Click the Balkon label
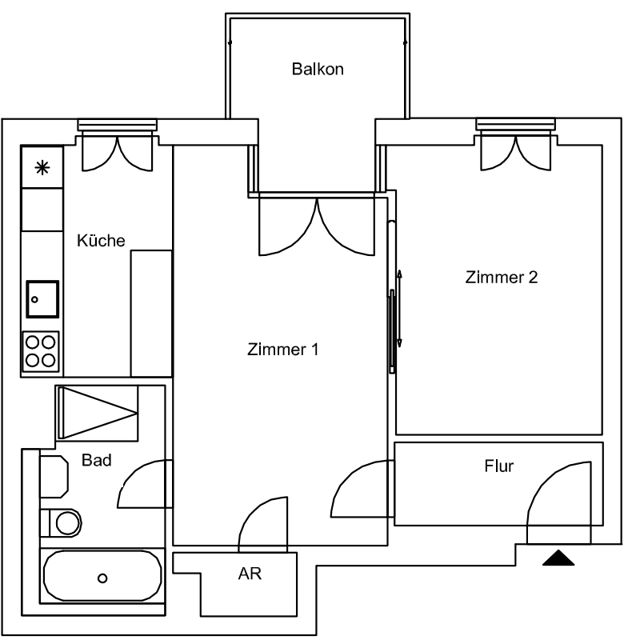click(x=317, y=69)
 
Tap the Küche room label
click(x=101, y=240)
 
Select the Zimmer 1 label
click(x=283, y=350)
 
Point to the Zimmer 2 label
click(x=501, y=278)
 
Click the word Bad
click(x=96, y=461)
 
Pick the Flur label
click(x=498, y=466)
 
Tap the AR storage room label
click(x=250, y=574)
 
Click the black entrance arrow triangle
click(x=558, y=558)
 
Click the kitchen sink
click(x=42, y=300)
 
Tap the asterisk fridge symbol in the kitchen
click(x=42, y=167)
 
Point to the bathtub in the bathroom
click(x=102, y=576)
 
